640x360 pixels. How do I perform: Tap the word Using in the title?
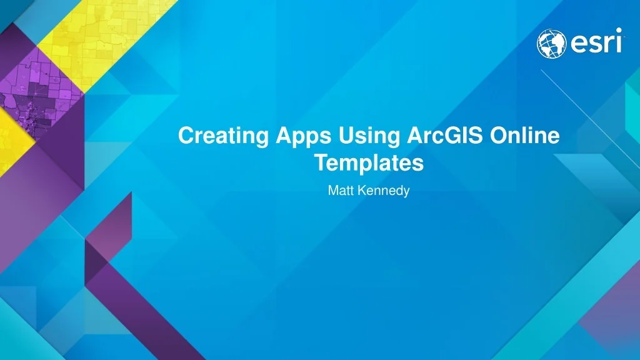[364, 136]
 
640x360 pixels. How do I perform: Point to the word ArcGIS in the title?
[437, 136]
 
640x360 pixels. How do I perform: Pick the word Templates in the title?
[369, 163]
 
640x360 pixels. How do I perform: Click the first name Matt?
[341, 191]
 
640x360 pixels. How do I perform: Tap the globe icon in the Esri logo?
[551, 44]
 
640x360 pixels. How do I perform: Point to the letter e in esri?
[577, 44]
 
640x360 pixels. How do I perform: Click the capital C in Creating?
[186, 136]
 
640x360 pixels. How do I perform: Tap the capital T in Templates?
[320, 163]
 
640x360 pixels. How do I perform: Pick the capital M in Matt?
[332, 191]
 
